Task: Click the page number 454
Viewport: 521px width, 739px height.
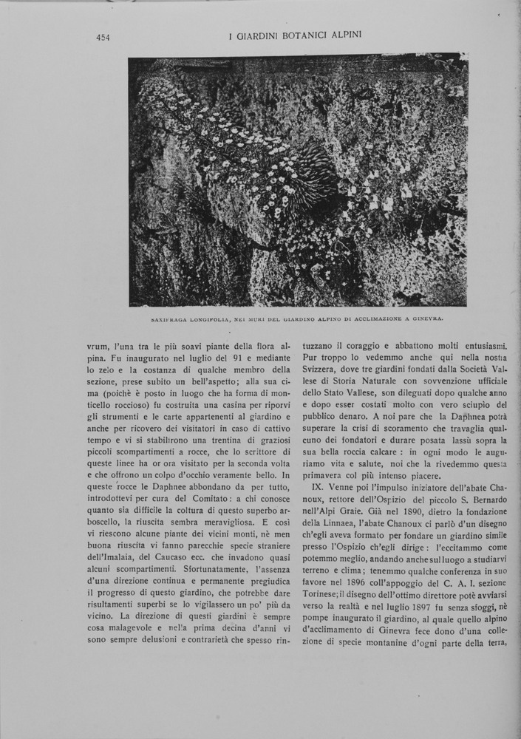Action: coord(103,38)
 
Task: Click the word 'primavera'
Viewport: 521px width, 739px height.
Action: coord(325,477)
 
